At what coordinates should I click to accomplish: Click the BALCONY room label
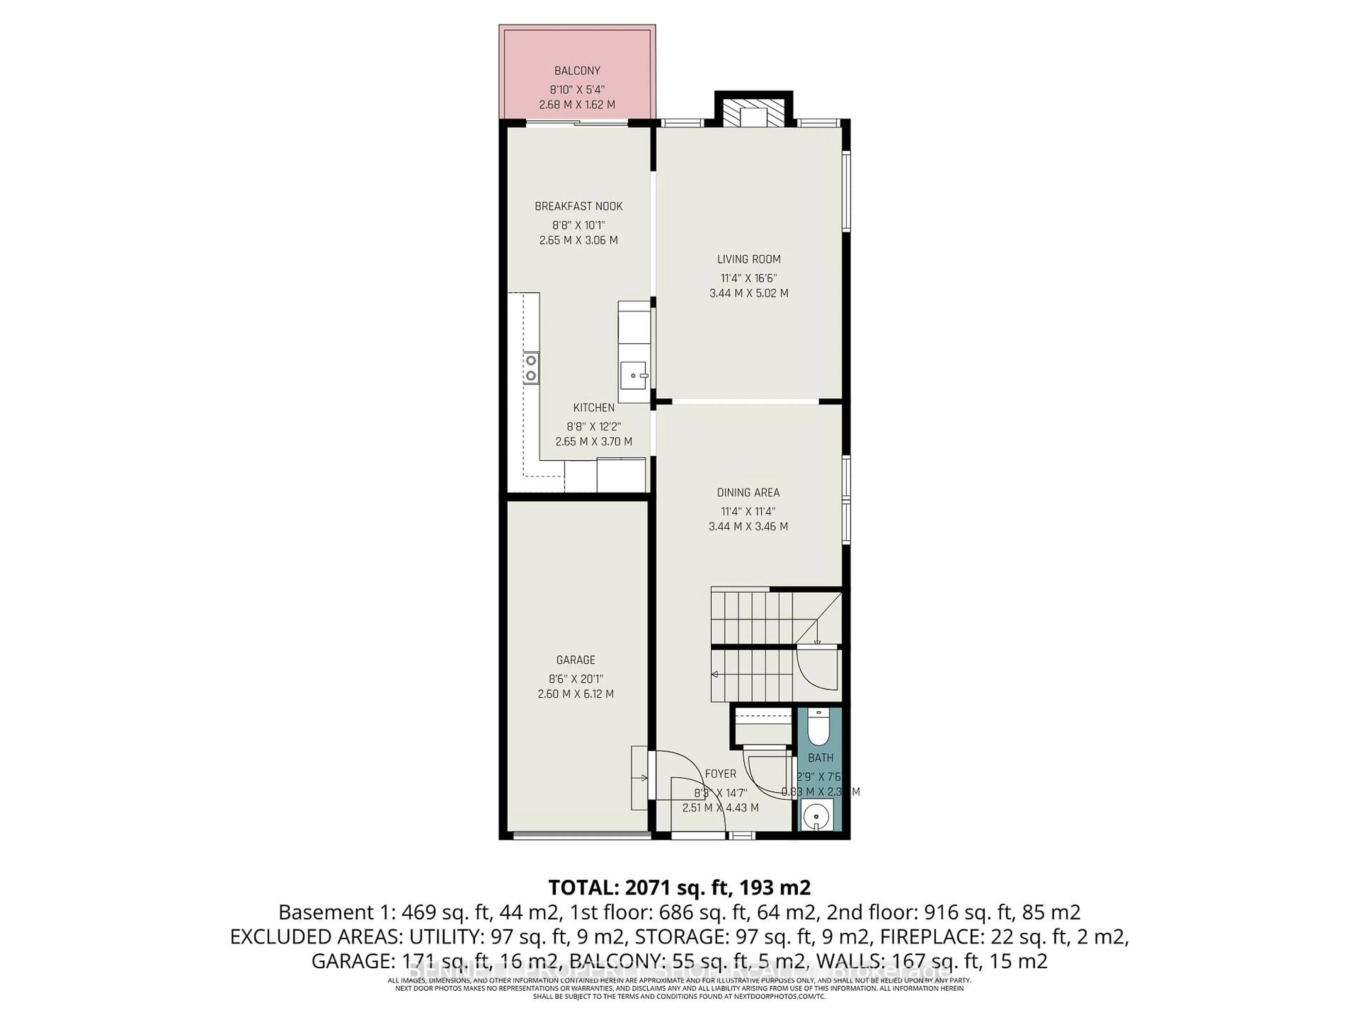pos(577,71)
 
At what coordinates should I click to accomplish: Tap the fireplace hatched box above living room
pos(753,114)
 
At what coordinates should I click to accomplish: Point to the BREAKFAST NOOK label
pos(579,206)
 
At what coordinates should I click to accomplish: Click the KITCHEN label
pos(594,407)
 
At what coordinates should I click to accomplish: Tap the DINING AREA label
pos(748,493)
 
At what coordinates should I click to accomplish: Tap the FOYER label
pos(720,774)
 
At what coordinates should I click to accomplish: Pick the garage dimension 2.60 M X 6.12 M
pos(576,694)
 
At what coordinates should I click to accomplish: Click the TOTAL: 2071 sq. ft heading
pos(679,887)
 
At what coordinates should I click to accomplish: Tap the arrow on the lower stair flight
pos(715,674)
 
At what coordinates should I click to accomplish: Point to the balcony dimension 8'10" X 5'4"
pos(577,88)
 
